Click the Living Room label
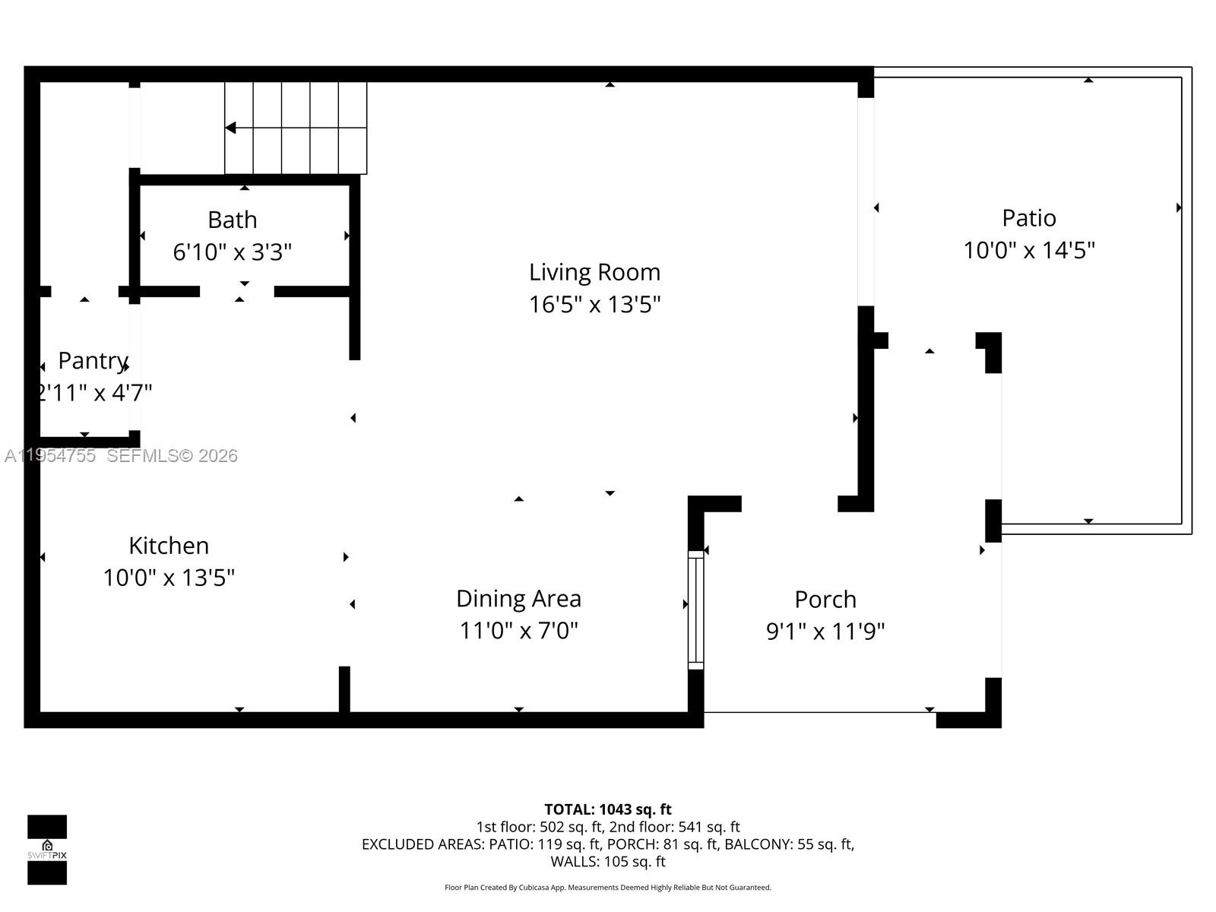coord(594,272)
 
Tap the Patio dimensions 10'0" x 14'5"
coord(1029,250)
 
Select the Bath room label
coord(232,220)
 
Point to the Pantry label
coord(92,360)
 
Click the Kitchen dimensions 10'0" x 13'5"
coord(169,578)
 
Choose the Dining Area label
coord(518,599)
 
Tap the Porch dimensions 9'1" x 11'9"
coord(825,631)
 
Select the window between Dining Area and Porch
coord(695,610)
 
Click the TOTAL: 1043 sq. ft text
coord(607,809)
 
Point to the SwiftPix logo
coord(47,850)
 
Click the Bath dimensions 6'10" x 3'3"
coord(232,252)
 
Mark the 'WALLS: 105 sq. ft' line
coord(607,862)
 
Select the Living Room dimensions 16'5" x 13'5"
coord(594,305)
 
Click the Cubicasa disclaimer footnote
coord(607,888)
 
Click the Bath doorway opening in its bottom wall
coord(236,292)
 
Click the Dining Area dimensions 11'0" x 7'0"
coord(518,631)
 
